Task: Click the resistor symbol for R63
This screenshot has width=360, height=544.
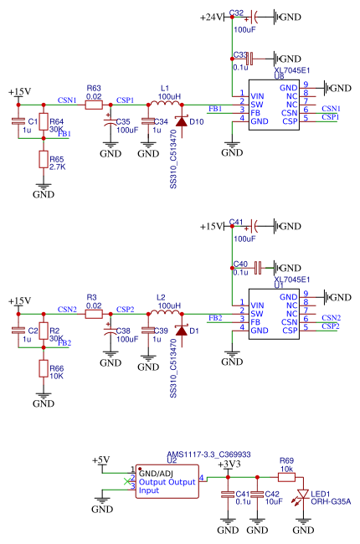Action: pos(94,105)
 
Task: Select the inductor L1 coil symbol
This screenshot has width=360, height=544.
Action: pos(165,103)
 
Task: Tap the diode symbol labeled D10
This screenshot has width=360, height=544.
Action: pos(182,121)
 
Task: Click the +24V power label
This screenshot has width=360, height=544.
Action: pos(211,17)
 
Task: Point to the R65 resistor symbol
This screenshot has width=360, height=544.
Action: pos(44,159)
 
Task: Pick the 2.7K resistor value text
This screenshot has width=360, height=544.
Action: pos(57,167)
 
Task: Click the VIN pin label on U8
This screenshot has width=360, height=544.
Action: pos(257,96)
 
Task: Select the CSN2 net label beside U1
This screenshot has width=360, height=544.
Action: pos(332,317)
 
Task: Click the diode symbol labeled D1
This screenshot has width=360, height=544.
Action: pos(182,331)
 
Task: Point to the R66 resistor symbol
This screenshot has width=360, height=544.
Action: pos(44,368)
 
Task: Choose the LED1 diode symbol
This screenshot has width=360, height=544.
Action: pos(303,494)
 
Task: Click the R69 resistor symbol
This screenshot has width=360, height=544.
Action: pos(287,477)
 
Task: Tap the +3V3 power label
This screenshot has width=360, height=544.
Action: pos(229,464)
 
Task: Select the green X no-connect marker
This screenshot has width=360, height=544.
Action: pos(127,481)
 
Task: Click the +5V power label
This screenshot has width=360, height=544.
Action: pos(100,460)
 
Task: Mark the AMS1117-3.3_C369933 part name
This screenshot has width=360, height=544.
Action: pos(208,454)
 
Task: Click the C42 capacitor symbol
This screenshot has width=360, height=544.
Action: pos(257,494)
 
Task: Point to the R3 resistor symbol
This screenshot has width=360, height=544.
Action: pos(94,314)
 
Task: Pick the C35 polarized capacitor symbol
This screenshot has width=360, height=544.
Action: pos(111,121)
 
